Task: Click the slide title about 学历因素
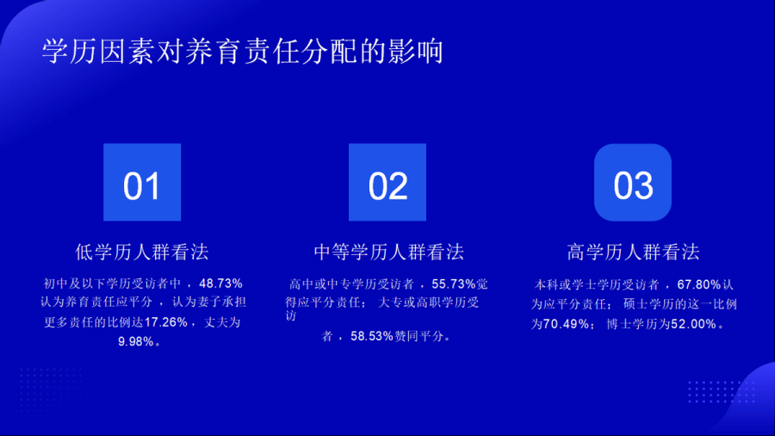243,52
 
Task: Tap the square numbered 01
142,183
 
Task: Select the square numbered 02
387,183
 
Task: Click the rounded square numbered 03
633,183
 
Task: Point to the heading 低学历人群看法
142,252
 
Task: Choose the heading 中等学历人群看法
389,252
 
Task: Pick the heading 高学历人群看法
633,252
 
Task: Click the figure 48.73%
221,283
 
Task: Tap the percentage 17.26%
166,322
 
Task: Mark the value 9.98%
136,341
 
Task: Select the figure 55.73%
454,284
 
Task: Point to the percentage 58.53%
372,337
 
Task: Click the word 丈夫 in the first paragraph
216,322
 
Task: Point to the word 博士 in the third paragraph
619,324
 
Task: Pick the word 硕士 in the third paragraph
635,304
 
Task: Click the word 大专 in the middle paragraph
390,302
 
